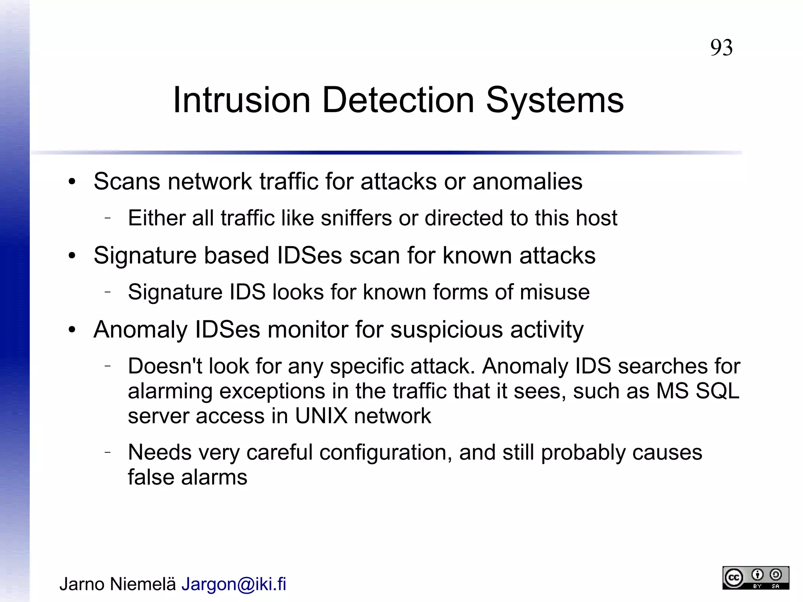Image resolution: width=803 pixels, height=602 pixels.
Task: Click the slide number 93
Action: tap(721, 48)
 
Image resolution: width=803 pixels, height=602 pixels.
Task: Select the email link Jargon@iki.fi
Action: tap(234, 584)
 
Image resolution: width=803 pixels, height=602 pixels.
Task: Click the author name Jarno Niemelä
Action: tap(118, 584)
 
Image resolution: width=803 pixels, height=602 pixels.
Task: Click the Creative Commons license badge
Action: tap(755, 577)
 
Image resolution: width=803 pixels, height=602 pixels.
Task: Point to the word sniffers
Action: tap(356, 218)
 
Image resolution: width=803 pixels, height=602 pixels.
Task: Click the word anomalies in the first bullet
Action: tap(527, 182)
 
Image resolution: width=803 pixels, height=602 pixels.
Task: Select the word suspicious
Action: tap(446, 329)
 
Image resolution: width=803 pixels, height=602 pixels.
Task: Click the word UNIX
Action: tap(321, 416)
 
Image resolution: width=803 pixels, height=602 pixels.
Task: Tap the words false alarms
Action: tap(187, 477)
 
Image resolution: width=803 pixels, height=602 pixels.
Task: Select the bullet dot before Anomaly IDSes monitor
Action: tap(71, 330)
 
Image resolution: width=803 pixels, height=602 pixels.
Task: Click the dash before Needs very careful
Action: tap(108, 452)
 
